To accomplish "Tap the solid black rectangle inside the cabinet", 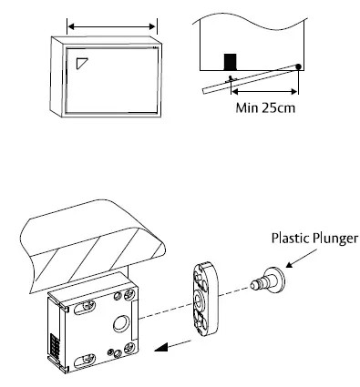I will click(x=231, y=61).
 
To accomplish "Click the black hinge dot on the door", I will click(x=299, y=66).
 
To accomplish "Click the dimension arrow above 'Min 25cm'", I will click(x=263, y=90).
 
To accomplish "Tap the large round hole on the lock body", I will click(x=119, y=323).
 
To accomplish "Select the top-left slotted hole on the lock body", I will click(x=91, y=300).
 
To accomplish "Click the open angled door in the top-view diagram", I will click(x=251, y=78).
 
